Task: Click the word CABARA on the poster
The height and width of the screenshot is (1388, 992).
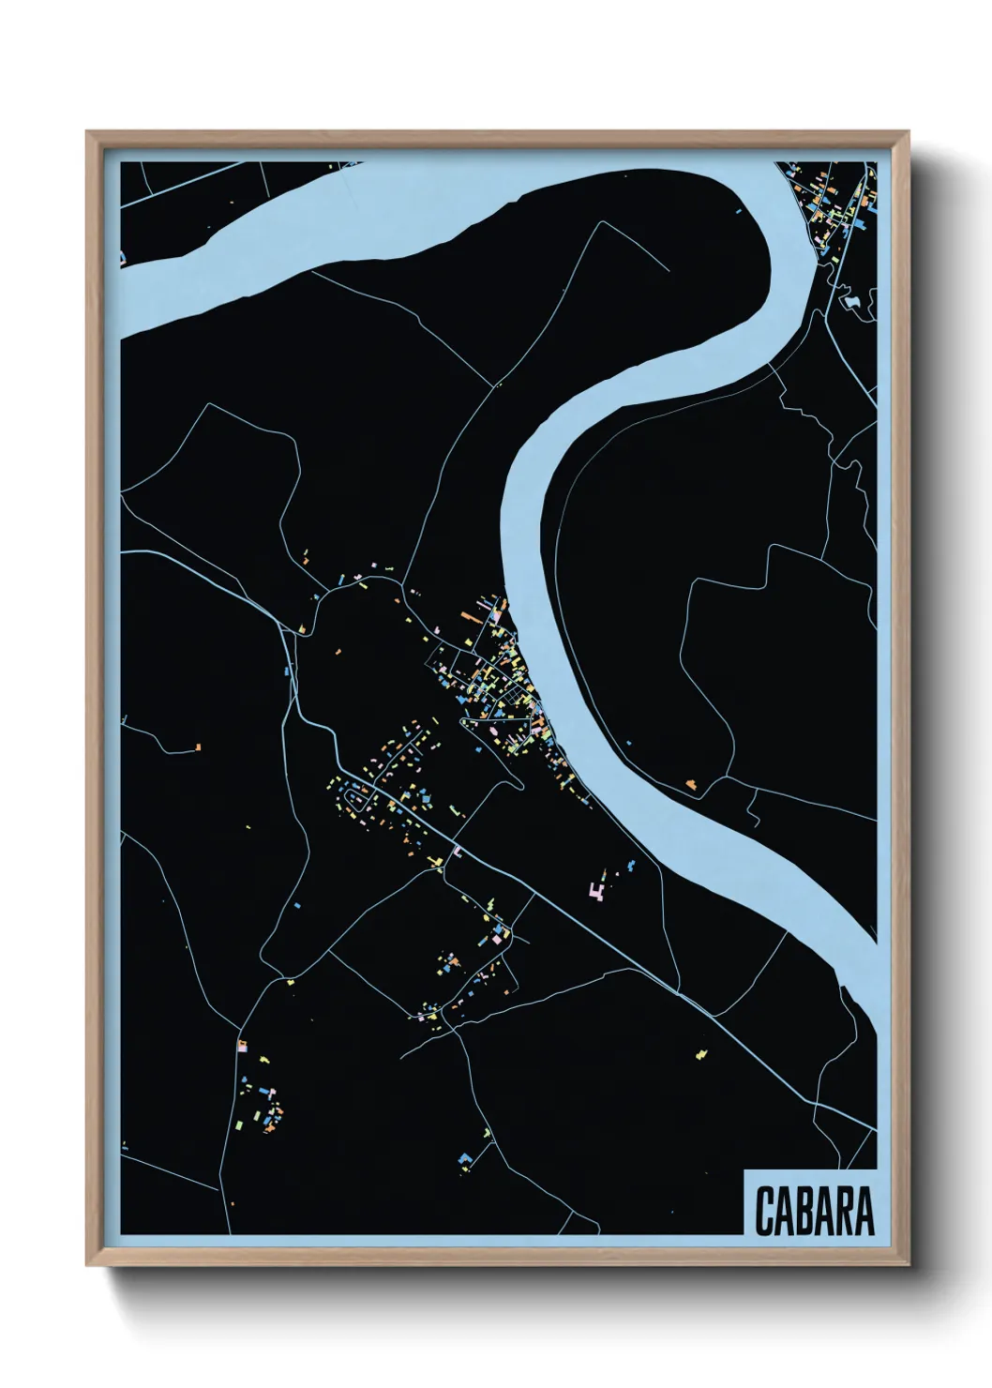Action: pyautogui.click(x=813, y=1211)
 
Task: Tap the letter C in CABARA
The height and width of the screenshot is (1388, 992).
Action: pyautogui.click(x=763, y=1211)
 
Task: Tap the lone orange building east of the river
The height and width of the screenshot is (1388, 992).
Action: pyautogui.click(x=692, y=781)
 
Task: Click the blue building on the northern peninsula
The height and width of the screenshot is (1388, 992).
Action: pyautogui.click(x=739, y=210)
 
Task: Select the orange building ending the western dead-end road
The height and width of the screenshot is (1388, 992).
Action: pyautogui.click(x=198, y=747)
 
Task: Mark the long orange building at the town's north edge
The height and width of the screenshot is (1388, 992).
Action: pyautogui.click(x=470, y=616)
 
